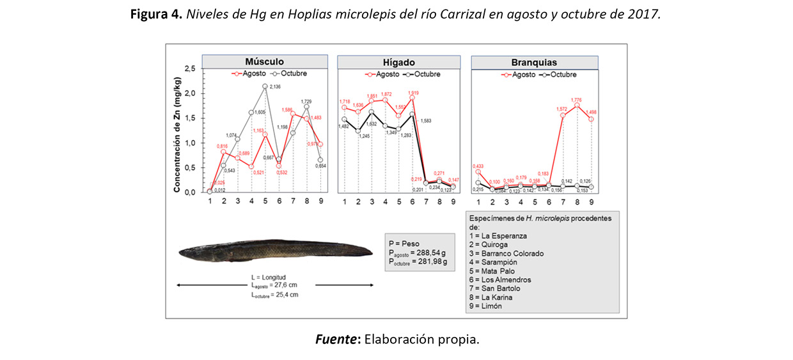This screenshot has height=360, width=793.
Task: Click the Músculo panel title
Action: tap(265, 61)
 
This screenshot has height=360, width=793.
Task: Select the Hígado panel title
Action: tap(400, 62)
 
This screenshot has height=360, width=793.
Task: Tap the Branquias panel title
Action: tap(533, 63)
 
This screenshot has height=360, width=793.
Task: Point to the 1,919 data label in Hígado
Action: tap(414, 93)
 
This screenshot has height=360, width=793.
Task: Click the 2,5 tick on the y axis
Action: tap(189, 68)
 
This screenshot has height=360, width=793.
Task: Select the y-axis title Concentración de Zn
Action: tap(178, 130)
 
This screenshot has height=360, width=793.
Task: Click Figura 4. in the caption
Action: tap(157, 14)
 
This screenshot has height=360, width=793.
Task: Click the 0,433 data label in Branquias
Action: tap(478, 165)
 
